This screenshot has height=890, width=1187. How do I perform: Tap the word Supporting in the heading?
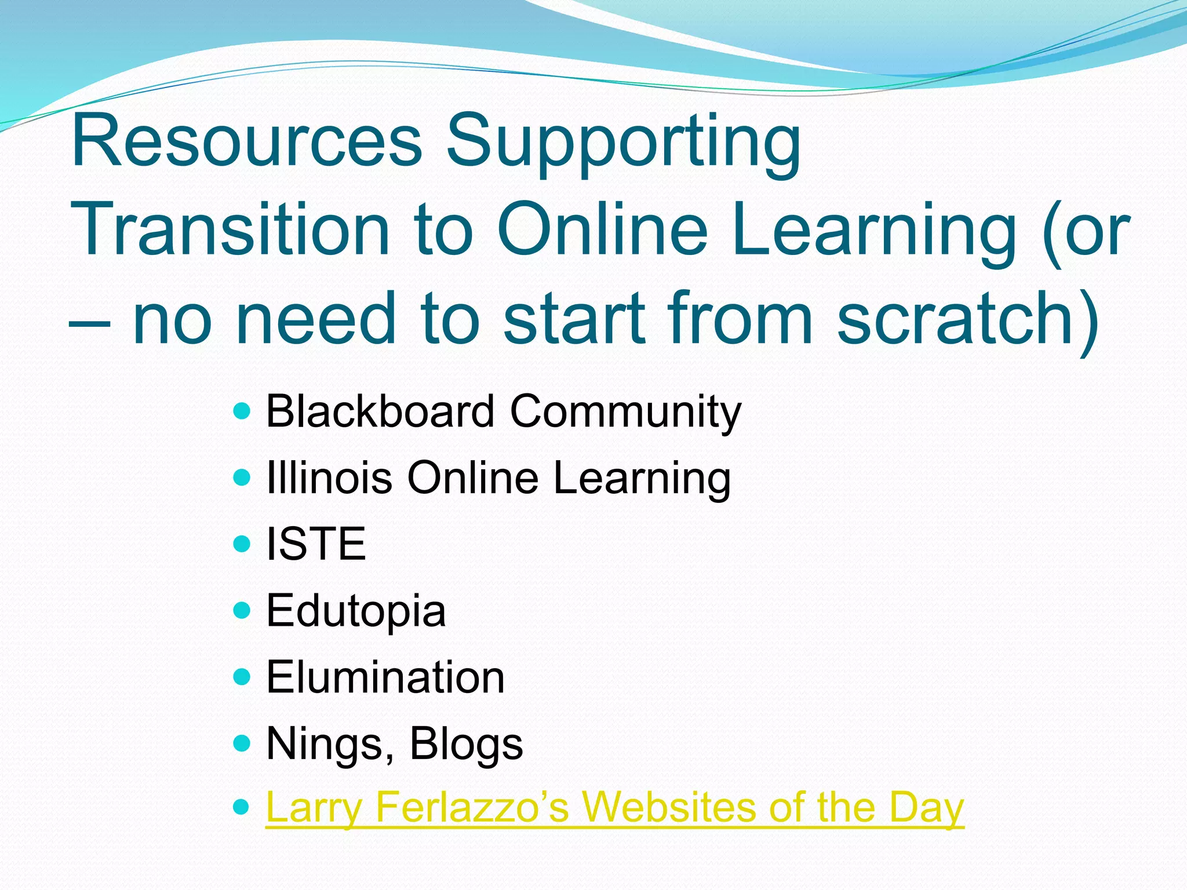(x=623, y=145)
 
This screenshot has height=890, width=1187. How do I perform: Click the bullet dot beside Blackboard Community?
(x=241, y=412)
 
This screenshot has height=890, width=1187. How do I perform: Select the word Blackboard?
(x=380, y=411)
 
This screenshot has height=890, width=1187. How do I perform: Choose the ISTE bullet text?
(x=316, y=544)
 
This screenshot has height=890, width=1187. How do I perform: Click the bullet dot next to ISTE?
(x=241, y=544)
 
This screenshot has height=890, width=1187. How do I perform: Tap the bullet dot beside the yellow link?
(x=241, y=806)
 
